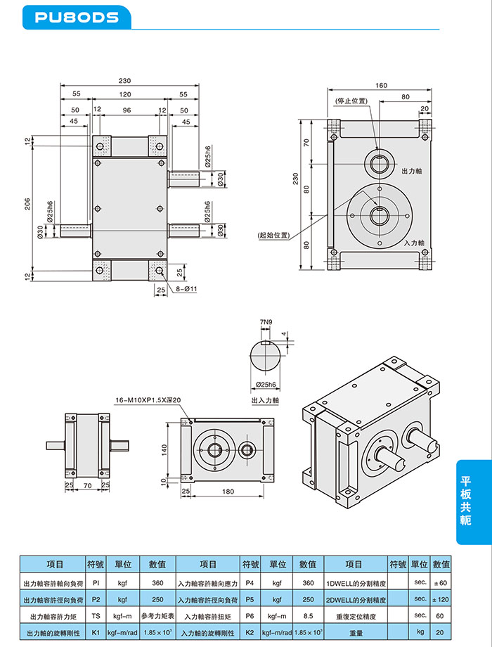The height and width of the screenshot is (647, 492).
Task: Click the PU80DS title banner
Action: coord(77,17)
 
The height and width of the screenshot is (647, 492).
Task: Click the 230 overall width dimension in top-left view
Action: coord(125,81)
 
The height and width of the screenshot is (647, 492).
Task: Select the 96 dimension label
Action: coord(127,110)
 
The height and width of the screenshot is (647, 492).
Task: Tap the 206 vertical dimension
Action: coord(27,204)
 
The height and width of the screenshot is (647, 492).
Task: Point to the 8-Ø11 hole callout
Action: coord(185,289)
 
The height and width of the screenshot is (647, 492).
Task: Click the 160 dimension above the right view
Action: coord(381,86)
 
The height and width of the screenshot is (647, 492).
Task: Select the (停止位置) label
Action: coord(351,101)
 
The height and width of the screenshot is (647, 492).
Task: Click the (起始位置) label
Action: coord(273,235)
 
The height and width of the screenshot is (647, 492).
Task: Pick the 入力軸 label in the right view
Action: coord(415,242)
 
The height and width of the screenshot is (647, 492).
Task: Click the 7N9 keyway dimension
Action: coord(265,323)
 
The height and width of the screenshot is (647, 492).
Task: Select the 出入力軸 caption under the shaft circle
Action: coord(265,399)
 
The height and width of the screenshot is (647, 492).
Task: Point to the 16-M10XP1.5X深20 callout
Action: coord(148,401)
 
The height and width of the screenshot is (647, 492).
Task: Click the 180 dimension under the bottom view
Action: coord(228,492)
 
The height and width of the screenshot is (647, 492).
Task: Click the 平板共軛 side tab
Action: coord(465,501)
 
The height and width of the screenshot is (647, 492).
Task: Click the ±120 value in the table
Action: coord(440,598)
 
